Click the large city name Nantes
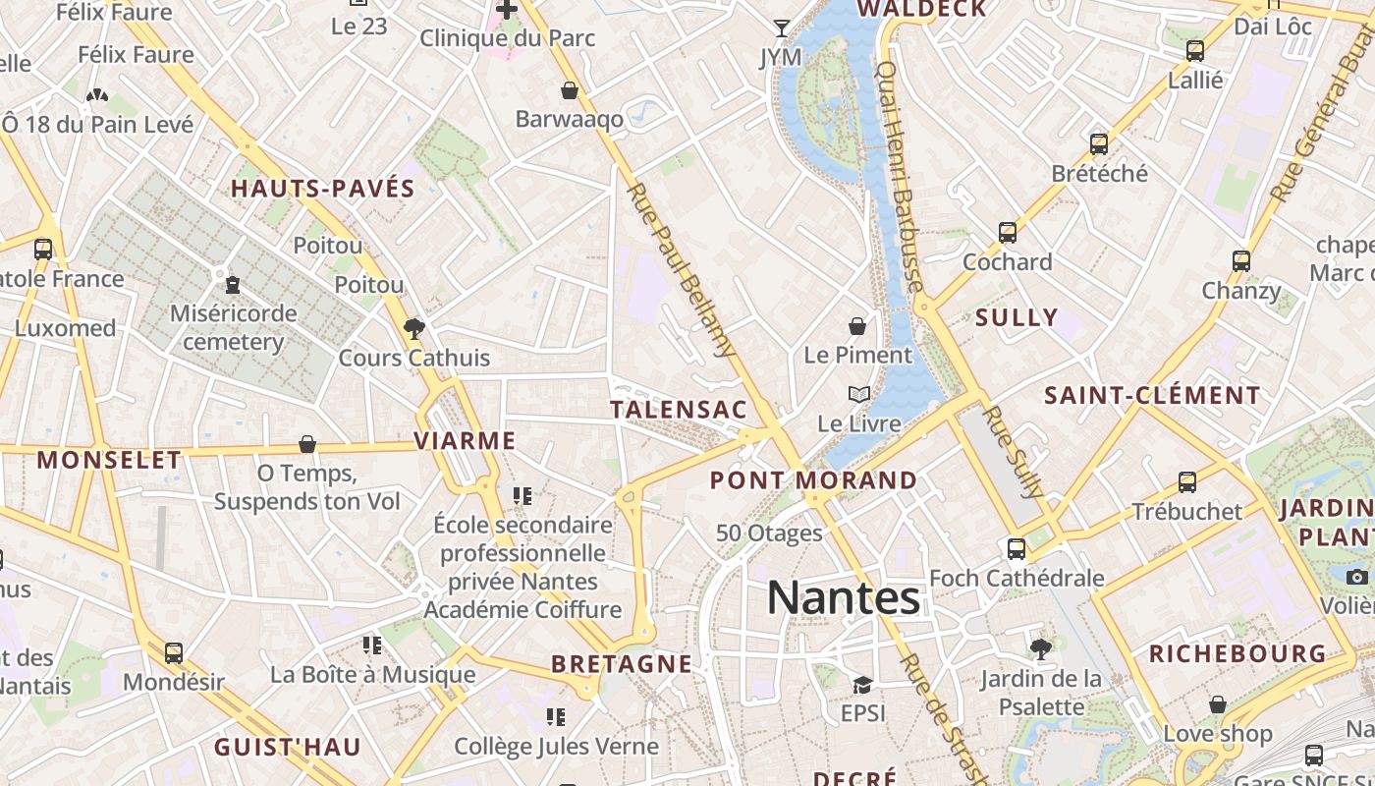click(843, 597)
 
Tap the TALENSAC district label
click(679, 410)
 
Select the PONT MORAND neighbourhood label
click(813, 480)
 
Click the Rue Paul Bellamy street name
click(682, 268)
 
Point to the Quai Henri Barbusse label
click(899, 177)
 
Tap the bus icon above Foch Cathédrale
click(1017, 548)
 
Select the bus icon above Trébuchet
click(1187, 482)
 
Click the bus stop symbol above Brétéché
click(1099, 144)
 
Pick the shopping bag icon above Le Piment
click(857, 326)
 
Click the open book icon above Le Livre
click(859, 395)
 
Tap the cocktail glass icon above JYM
click(782, 28)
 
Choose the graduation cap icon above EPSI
click(862, 684)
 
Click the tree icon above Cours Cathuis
click(414, 328)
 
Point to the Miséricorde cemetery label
click(234, 327)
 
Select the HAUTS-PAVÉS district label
click(323, 189)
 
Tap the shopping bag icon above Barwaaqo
click(570, 90)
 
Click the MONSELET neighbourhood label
click(109, 459)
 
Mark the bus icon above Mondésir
click(174, 652)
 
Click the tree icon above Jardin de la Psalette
click(1041, 648)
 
